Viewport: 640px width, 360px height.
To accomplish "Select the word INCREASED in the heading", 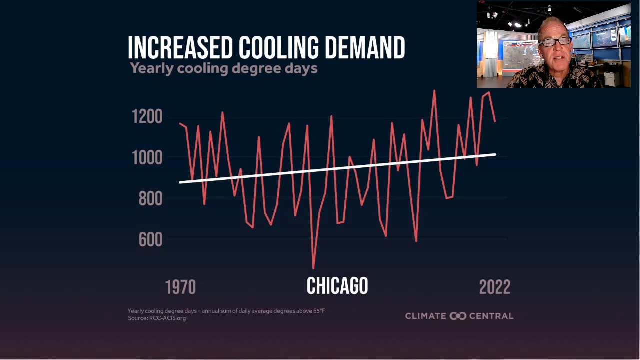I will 180,48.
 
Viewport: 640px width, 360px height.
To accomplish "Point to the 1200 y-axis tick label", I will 147,117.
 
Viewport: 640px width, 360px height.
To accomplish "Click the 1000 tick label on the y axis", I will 147,158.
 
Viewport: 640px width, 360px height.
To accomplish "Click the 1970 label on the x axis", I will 180,287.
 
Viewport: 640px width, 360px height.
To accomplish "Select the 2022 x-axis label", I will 494,287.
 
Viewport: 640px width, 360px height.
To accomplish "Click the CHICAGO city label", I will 337,286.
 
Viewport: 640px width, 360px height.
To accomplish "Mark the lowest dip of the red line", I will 313,268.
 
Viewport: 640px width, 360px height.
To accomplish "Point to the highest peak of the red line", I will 434,91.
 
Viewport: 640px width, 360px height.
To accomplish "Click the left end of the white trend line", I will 181,182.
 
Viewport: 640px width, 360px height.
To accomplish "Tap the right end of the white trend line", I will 494,155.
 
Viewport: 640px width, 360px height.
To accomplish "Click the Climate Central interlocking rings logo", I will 458,316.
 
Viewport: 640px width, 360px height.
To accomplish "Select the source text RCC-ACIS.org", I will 167,318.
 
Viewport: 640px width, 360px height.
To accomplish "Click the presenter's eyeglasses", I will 555,42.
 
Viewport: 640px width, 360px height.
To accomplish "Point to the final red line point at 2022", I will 495,121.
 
